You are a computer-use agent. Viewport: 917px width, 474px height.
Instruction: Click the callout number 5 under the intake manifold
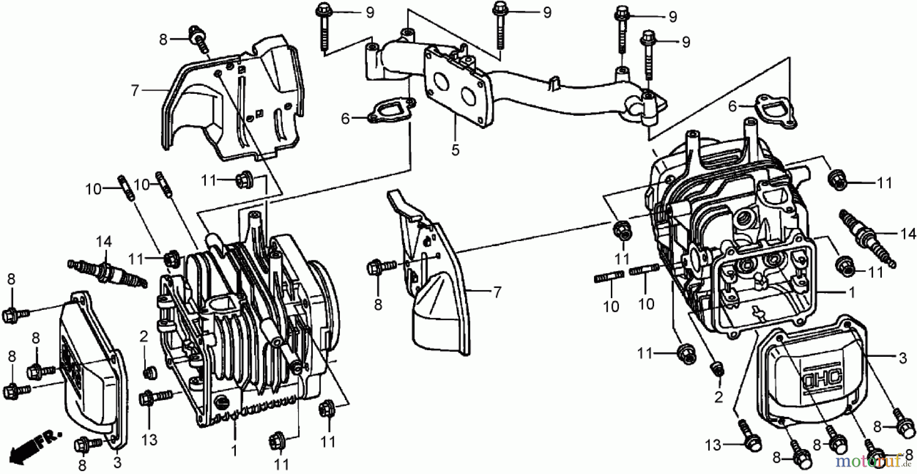pyautogui.click(x=455, y=150)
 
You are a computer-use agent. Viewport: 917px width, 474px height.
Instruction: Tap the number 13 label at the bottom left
pyautogui.click(x=149, y=439)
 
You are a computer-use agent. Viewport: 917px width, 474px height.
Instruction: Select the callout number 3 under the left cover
pyautogui.click(x=117, y=463)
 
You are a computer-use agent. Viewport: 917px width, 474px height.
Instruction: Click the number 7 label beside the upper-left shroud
pyautogui.click(x=134, y=91)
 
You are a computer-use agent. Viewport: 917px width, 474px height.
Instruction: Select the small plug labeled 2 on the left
pyautogui.click(x=150, y=373)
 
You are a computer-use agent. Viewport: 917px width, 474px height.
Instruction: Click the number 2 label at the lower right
pyautogui.click(x=718, y=397)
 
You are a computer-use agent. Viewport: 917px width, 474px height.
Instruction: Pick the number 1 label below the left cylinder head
pyautogui.click(x=234, y=451)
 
